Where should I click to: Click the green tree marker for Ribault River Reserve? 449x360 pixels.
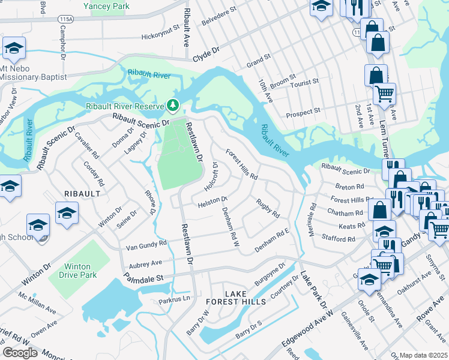pyautogui.click(x=173, y=106)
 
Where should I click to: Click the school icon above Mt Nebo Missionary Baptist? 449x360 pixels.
pyautogui.click(x=13, y=49)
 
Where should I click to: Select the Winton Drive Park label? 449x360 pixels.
pyautogui.click(x=75, y=271)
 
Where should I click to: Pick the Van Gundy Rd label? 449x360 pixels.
pyautogui.click(x=146, y=246)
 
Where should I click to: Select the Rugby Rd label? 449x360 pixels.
pyautogui.click(x=268, y=208)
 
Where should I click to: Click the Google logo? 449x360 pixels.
pyautogui.click(x=20, y=352)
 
